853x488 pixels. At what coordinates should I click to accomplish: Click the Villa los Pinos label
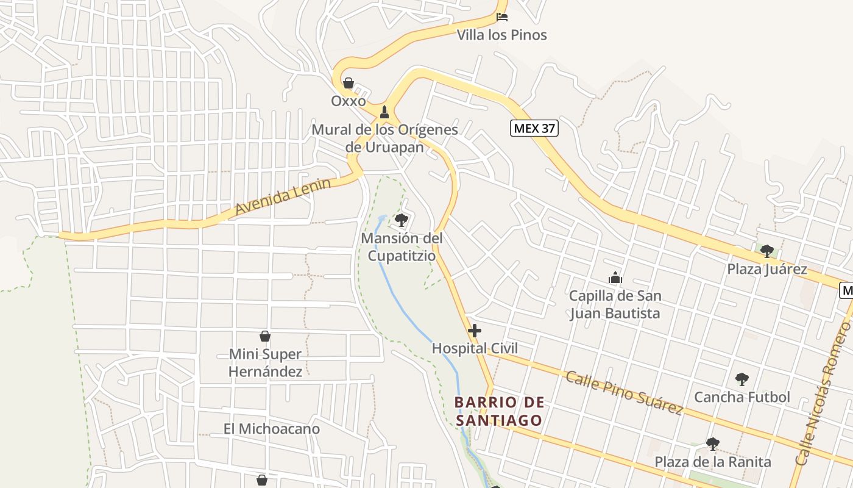[x=502, y=35]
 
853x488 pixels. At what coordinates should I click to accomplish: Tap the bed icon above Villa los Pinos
[x=502, y=16]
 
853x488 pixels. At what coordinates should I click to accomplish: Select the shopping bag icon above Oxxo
[x=349, y=83]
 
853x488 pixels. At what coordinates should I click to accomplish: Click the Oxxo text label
[x=349, y=101]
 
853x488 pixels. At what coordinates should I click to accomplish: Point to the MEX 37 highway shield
[x=534, y=128]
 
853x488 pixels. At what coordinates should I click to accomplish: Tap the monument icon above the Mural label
[x=384, y=112]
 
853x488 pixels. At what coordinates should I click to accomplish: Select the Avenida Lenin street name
[x=283, y=196]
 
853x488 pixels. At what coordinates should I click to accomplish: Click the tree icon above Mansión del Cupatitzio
[x=401, y=220]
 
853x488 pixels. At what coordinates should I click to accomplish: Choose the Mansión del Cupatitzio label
[x=402, y=247]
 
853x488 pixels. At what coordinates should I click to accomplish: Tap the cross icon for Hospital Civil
[x=475, y=331]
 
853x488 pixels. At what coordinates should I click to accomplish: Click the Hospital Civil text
[x=475, y=348]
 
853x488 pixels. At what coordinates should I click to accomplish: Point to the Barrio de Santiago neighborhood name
[x=499, y=411]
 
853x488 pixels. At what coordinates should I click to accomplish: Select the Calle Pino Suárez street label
[x=623, y=392]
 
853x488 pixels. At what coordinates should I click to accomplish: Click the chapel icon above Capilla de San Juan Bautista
[x=615, y=278]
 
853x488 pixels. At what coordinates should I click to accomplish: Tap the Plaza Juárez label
[x=767, y=269]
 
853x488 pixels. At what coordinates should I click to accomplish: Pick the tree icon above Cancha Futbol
[x=742, y=379]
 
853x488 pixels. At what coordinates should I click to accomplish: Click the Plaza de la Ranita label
[x=713, y=462]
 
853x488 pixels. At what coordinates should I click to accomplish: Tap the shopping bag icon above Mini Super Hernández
[x=265, y=336]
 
